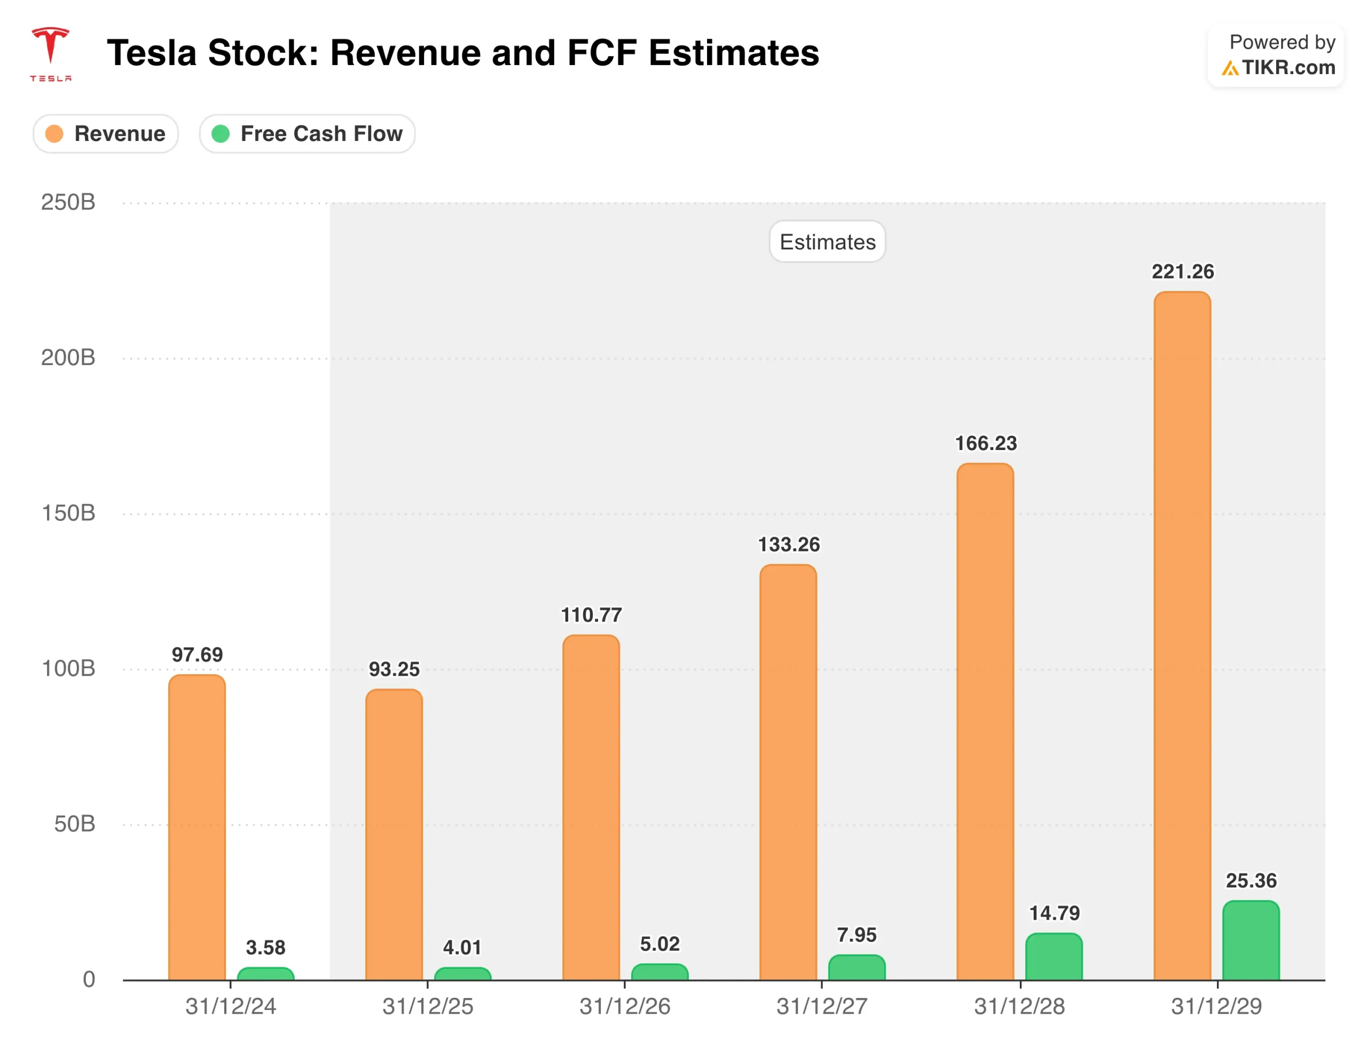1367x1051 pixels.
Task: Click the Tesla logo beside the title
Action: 51,53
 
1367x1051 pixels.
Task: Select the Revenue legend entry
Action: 106,134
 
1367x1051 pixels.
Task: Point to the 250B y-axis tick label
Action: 68,202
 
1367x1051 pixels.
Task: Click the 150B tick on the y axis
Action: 68,513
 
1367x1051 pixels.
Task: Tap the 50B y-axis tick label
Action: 74,824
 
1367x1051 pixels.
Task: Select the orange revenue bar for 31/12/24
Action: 197,826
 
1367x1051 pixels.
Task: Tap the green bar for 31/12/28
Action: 1054,957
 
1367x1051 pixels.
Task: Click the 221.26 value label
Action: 1182,272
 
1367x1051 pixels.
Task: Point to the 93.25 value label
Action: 394,669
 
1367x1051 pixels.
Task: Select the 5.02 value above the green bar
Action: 659,943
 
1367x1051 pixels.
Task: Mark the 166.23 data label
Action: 985,443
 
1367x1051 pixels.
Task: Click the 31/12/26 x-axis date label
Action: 625,1007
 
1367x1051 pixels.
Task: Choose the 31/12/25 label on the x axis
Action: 428,1007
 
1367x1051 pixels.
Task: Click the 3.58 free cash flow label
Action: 265,947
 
